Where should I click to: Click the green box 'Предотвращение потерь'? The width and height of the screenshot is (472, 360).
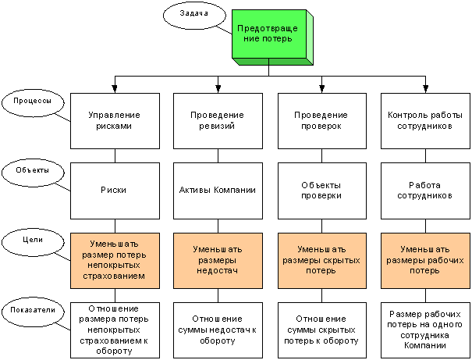coord(269,34)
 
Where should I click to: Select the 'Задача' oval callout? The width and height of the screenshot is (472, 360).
coord(194,16)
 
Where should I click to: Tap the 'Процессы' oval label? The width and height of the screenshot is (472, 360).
coord(33,102)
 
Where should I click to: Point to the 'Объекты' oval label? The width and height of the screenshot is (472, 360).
coord(33,173)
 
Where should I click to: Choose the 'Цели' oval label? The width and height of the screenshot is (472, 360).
coord(33,242)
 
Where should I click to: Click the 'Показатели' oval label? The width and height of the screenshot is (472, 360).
coord(33,312)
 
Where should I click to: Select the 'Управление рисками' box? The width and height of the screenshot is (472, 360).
coord(115,121)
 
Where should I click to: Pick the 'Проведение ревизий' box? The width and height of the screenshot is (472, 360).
coord(218,121)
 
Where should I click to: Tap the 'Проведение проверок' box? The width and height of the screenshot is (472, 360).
coord(322,121)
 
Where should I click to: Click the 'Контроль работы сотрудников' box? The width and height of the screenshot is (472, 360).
coord(425,121)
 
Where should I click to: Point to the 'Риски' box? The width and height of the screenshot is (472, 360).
coord(115,191)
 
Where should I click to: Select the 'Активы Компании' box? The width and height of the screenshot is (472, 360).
coord(218,191)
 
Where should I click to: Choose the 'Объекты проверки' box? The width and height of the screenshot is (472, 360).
coord(322,191)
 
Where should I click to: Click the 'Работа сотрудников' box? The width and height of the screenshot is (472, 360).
coord(425,191)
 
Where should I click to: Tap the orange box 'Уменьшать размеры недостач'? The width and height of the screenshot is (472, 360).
coord(218,261)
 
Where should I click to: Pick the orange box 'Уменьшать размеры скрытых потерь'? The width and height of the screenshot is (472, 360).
coord(322,261)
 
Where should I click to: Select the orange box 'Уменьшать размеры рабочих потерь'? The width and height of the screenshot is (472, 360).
coord(425,261)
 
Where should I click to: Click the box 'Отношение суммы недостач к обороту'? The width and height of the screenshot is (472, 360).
coord(218,330)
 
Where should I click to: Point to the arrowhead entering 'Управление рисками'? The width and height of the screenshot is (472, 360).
coord(115,88)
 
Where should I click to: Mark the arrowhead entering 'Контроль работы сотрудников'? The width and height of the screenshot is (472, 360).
coord(425,88)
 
